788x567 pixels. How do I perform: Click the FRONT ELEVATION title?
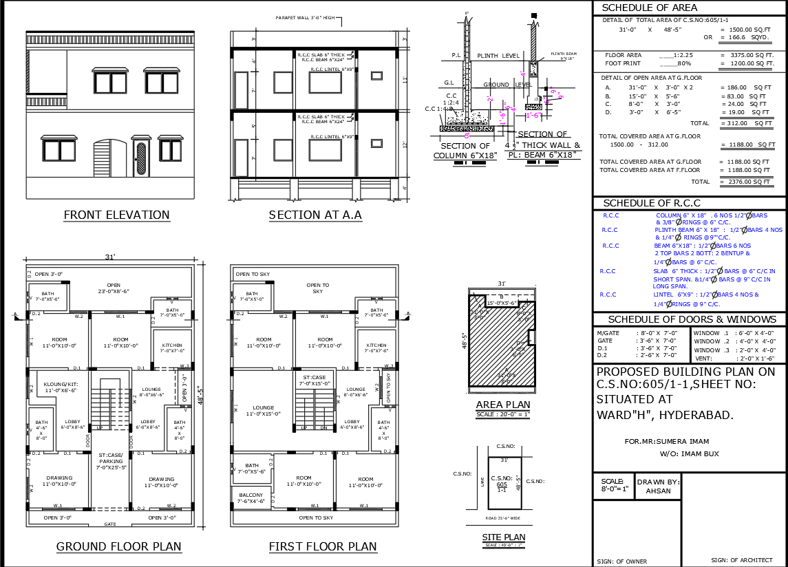pyautogui.click(x=116, y=215)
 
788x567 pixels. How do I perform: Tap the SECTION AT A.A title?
pyautogui.click(x=315, y=215)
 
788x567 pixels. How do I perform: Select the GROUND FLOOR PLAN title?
pyautogui.click(x=118, y=547)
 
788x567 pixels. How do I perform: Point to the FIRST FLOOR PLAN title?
pyautogui.click(x=323, y=547)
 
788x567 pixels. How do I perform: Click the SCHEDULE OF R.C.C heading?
pyautogui.click(x=651, y=204)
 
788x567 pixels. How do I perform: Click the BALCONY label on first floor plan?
pyautogui.click(x=251, y=495)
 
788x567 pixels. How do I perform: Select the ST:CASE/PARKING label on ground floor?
pyautogui.click(x=110, y=458)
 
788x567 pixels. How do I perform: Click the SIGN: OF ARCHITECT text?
pyautogui.click(x=742, y=560)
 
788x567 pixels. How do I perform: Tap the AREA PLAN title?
pyautogui.click(x=504, y=405)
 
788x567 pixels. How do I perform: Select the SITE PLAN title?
pyautogui.click(x=504, y=537)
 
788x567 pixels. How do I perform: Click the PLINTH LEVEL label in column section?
pyautogui.click(x=500, y=56)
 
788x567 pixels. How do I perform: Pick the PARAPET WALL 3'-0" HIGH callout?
pyautogui.click(x=305, y=18)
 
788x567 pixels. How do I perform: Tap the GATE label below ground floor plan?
pyautogui.click(x=110, y=524)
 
